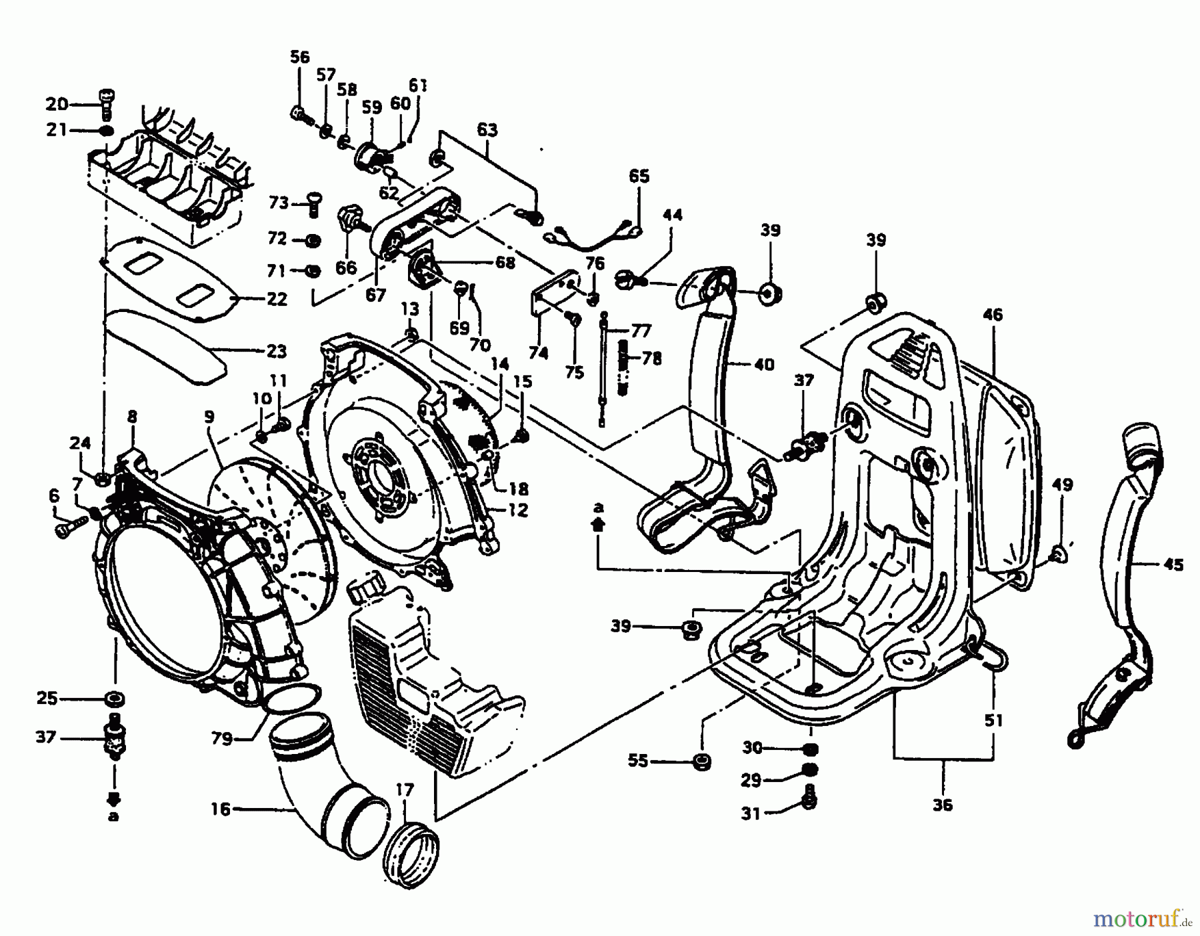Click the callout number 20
57,104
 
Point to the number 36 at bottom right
943,805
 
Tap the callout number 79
222,739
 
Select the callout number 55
638,761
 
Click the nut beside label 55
700,761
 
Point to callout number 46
993,315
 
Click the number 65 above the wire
639,177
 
